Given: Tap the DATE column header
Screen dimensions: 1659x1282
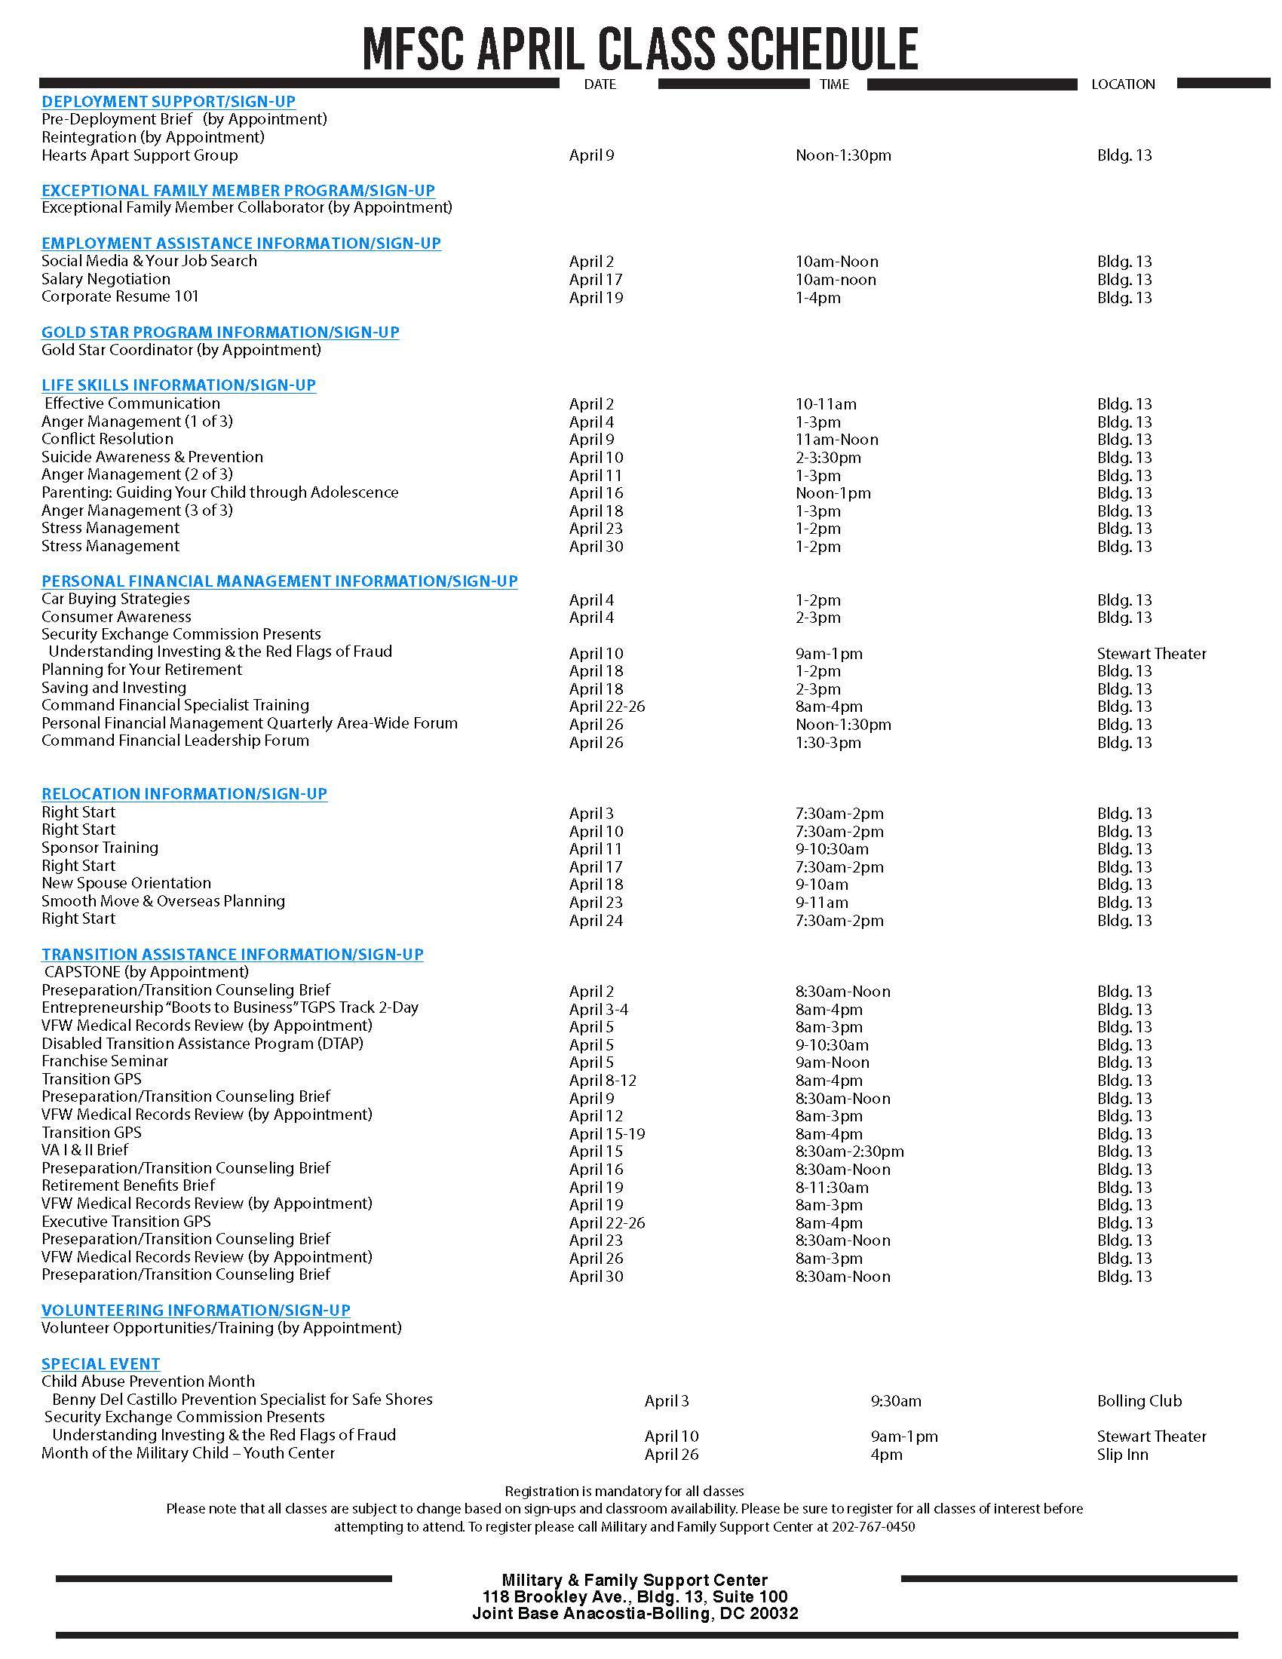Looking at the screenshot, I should coord(600,84).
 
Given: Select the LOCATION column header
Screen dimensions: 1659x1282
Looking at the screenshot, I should coord(1123,84).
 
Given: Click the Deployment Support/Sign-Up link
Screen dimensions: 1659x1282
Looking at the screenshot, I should coord(169,102).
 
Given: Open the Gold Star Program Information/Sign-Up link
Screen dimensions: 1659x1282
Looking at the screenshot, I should coord(220,332).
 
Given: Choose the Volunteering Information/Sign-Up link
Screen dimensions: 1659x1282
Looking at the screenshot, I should coord(196,1311).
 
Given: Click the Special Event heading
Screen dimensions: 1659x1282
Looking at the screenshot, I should coord(101,1363).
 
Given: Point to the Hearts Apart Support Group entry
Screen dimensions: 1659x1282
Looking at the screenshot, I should coord(140,155).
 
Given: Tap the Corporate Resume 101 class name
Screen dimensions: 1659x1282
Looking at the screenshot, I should coord(120,296).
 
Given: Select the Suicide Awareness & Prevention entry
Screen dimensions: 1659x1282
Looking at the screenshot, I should coord(152,456).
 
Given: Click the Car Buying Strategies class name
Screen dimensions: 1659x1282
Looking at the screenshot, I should coord(115,599).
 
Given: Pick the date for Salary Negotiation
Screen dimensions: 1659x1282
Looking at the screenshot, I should coord(596,280).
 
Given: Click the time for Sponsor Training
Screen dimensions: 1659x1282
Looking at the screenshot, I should coord(832,849).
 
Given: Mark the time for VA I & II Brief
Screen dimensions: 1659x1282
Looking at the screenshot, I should coord(849,1151).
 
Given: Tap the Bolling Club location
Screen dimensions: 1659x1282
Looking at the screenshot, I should coord(1139,1401).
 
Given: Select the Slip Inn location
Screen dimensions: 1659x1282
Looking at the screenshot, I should coord(1123,1455).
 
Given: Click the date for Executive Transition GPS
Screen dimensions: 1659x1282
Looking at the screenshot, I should coord(606,1223).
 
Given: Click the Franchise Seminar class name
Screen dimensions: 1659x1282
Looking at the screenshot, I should coord(105,1061).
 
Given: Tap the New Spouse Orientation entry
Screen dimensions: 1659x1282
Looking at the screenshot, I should coord(126,884).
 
